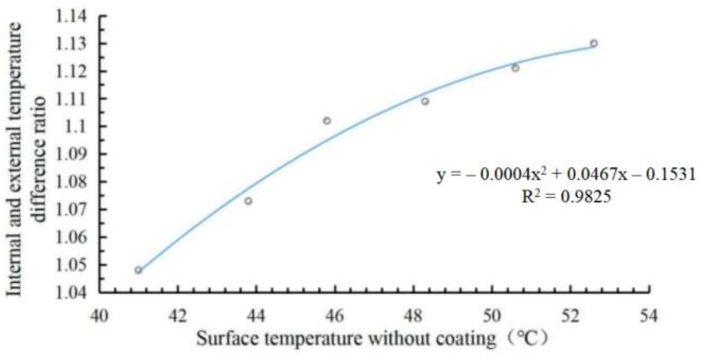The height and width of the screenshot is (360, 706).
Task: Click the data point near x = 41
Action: (x=138, y=270)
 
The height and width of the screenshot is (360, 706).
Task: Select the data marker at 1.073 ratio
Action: (x=248, y=201)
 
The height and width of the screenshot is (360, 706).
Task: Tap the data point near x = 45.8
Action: (x=327, y=121)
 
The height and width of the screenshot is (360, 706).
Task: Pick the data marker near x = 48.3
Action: (x=425, y=101)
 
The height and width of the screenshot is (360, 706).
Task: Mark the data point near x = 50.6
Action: (x=515, y=68)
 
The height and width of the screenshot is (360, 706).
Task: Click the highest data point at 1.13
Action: (x=594, y=43)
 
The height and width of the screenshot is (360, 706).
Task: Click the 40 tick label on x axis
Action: (x=99, y=316)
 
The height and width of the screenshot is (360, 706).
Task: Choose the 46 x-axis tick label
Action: (x=335, y=316)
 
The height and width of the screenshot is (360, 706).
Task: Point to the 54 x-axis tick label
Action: (x=648, y=316)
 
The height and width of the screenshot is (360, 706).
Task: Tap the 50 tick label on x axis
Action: (x=492, y=316)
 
